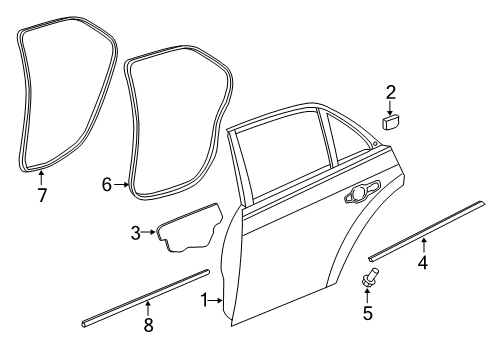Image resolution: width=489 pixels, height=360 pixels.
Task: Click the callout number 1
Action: [205, 300]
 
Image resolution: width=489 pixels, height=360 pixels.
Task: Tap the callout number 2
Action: [391, 93]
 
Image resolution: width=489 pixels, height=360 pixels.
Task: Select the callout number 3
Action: [135, 232]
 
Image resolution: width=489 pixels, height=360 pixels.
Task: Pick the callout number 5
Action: [367, 313]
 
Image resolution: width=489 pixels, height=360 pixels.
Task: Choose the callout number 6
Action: [107, 184]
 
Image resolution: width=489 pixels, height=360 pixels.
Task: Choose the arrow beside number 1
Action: [218, 300]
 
